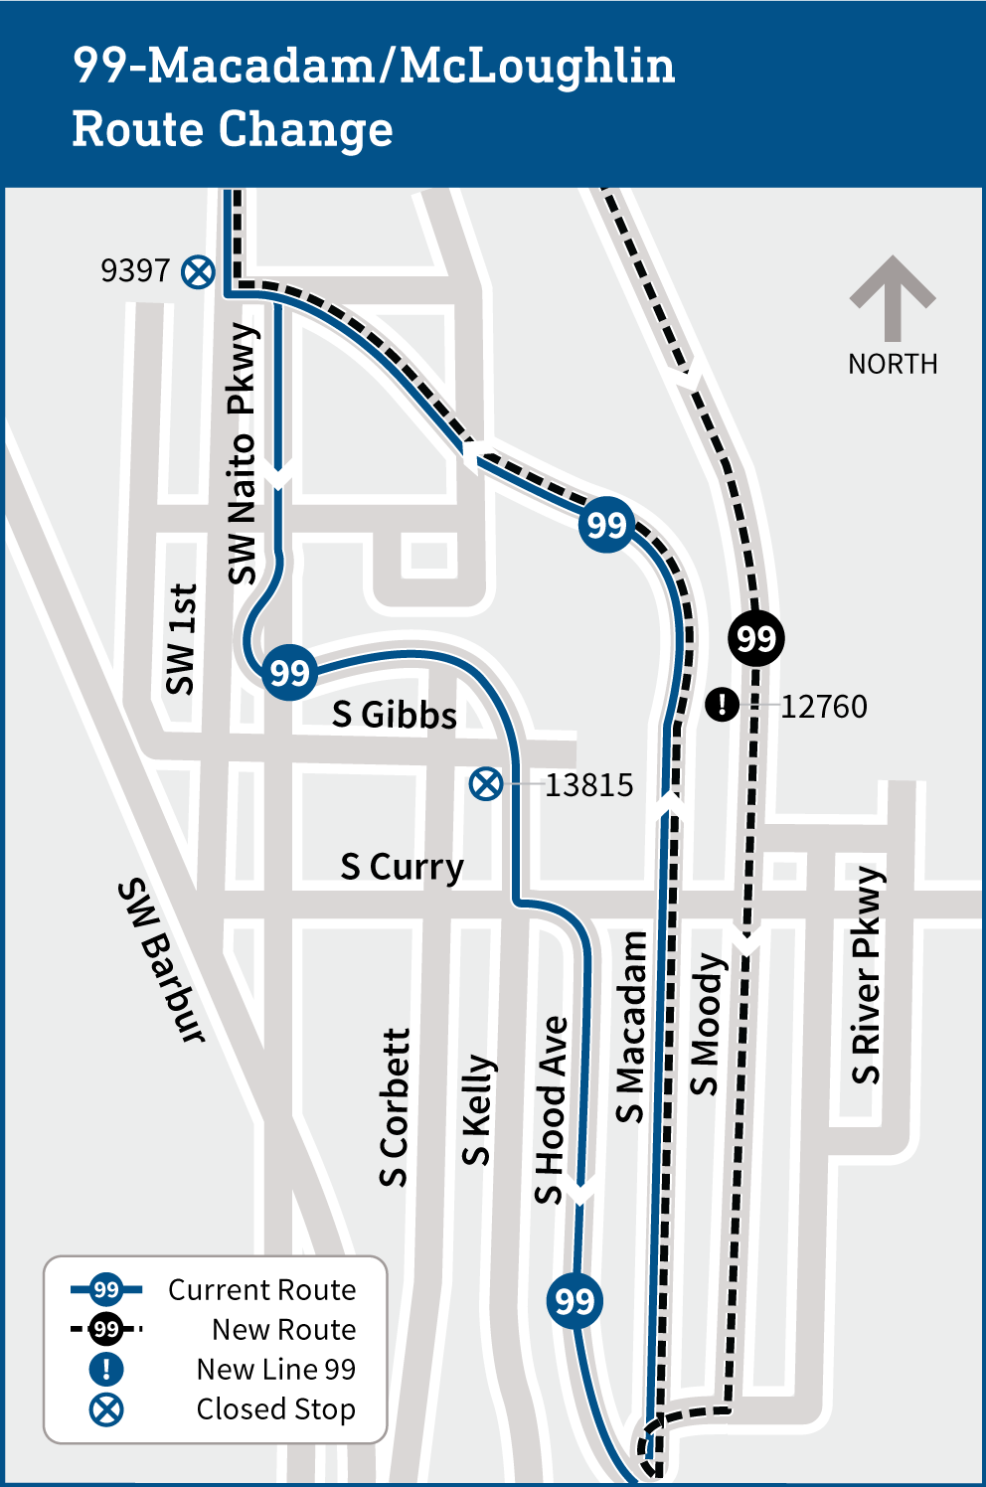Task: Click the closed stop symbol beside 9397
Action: [x=198, y=271]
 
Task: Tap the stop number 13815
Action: [x=588, y=785]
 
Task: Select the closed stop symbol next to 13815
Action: [x=485, y=784]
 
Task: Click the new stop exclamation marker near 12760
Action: [x=722, y=705]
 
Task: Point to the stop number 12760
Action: [x=823, y=707]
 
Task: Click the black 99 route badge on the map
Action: [x=755, y=638]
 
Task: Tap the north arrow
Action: [x=892, y=297]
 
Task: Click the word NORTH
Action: [x=893, y=365]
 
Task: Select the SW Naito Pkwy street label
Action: [x=243, y=453]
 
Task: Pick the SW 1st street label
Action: [x=182, y=639]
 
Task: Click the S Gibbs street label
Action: [x=395, y=715]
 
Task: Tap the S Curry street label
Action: [x=402, y=867]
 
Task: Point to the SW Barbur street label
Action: [x=162, y=960]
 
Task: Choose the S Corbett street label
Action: [x=395, y=1107]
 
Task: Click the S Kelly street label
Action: [x=478, y=1109]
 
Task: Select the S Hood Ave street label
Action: [x=552, y=1109]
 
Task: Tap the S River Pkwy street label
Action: [x=868, y=976]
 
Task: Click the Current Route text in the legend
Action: [x=261, y=1290]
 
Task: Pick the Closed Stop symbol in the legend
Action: [x=106, y=1409]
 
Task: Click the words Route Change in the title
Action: [x=233, y=129]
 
